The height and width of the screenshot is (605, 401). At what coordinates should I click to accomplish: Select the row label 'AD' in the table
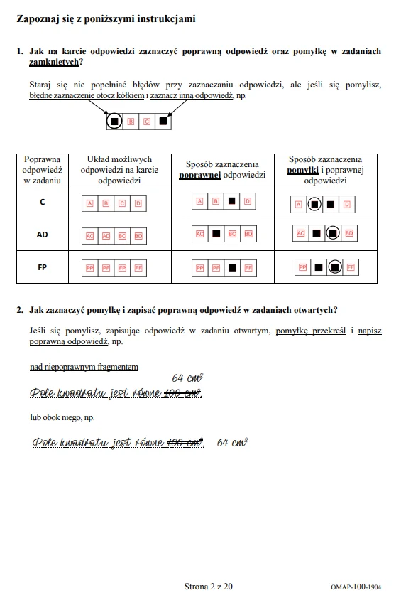pyautogui.click(x=43, y=233)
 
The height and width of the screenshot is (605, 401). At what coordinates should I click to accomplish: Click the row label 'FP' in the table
pyautogui.click(x=43, y=268)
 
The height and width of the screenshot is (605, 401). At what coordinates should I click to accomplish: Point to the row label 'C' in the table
pyautogui.click(x=43, y=203)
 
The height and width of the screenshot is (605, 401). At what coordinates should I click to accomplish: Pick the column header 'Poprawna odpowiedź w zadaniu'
pyautogui.click(x=43, y=171)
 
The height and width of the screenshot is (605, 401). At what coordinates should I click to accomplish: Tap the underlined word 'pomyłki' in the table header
pyautogui.click(x=302, y=171)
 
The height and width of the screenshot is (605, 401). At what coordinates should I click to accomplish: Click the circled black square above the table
pyautogui.click(x=114, y=122)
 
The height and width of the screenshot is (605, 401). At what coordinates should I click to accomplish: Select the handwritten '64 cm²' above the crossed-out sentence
pyautogui.click(x=188, y=378)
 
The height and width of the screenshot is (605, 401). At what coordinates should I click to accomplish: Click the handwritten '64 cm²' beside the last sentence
pyautogui.click(x=232, y=443)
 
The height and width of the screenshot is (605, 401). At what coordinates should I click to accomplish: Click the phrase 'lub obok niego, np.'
pyautogui.click(x=62, y=417)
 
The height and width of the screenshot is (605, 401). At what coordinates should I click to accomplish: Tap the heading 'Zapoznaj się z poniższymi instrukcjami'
pyautogui.click(x=106, y=19)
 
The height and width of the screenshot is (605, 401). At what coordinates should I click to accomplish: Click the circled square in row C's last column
pyautogui.click(x=315, y=204)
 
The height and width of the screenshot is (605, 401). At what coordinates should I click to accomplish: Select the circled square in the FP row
pyautogui.click(x=334, y=267)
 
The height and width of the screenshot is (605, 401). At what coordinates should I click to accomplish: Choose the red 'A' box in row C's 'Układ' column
pyautogui.click(x=90, y=203)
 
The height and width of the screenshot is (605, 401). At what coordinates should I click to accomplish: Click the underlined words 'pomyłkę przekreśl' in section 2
pyautogui.click(x=311, y=331)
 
